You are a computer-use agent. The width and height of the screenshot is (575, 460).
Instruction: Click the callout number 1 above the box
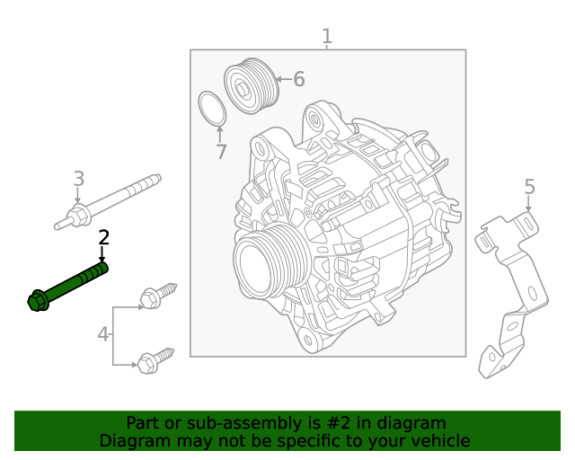pos(327,37)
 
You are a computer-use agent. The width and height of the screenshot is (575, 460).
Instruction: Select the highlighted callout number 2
pos(103,237)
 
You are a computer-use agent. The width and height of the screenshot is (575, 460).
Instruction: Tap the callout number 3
pos(78,178)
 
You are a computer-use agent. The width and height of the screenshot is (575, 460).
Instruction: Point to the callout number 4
pos(103,335)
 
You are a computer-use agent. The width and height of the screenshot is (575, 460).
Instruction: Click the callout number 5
pos(529,187)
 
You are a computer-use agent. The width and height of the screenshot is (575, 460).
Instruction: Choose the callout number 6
pos(298,80)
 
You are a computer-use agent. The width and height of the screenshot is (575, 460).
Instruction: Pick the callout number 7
pos(221,153)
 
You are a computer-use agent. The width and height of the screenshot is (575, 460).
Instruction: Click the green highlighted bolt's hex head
pos(38,301)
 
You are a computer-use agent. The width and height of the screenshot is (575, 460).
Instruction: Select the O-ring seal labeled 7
pos(211,109)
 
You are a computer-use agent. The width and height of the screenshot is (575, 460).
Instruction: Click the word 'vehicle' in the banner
pos(440,440)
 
